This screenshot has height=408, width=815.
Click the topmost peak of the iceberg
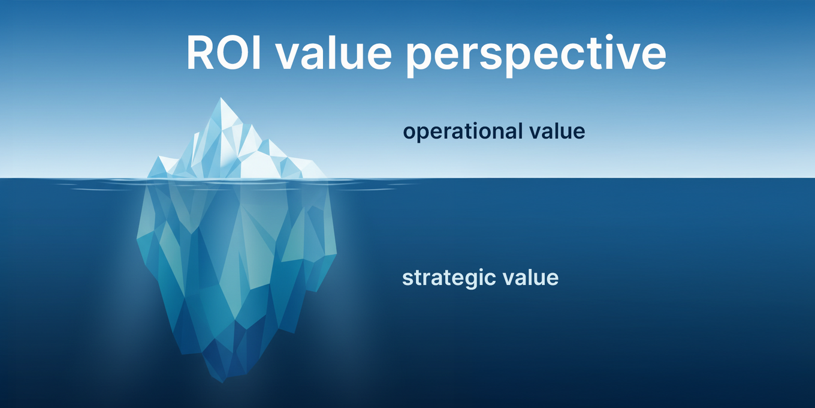click(x=221, y=98)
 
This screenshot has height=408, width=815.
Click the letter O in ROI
click(x=231, y=53)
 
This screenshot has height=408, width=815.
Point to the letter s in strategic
click(x=407, y=279)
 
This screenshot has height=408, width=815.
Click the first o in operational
click(x=409, y=132)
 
